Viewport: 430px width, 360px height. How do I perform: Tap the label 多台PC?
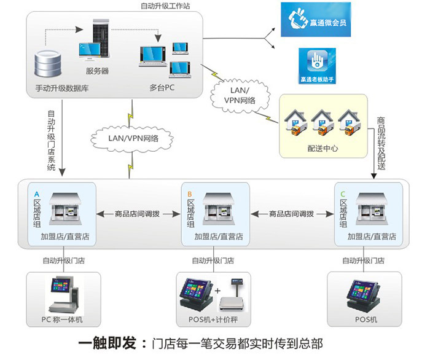pos(162,87)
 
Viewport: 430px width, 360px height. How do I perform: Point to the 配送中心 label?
pos(322,149)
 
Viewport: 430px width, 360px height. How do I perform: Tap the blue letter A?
pos(37,194)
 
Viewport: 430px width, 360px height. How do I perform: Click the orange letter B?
pos(190,194)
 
